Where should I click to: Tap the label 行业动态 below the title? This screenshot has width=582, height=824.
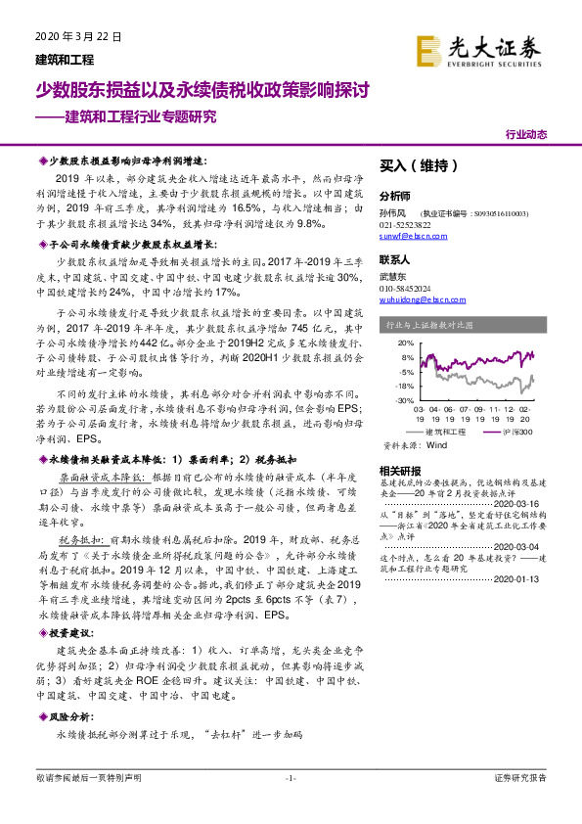tap(526, 134)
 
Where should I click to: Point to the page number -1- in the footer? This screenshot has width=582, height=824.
tap(290, 777)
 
